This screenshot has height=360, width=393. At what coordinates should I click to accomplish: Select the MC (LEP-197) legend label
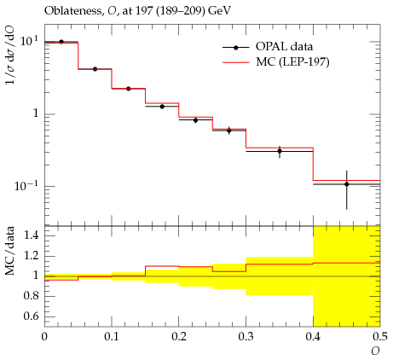pos(292,61)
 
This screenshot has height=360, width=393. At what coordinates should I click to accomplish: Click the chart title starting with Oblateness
pos(137,11)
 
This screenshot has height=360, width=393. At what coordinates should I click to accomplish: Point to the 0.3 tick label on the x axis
pos(246,337)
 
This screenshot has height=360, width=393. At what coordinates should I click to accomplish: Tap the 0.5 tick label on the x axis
pos(380,337)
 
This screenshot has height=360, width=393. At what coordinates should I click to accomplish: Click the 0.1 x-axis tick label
pos(112,337)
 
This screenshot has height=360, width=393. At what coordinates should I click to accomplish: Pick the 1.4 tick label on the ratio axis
pos(31,235)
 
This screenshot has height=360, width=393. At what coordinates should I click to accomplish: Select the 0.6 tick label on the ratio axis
pos(31,316)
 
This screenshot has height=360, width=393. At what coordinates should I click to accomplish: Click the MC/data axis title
pos(10,251)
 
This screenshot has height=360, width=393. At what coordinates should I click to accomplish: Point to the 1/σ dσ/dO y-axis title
pos(10,55)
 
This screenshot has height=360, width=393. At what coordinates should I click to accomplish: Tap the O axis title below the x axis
pos(375,351)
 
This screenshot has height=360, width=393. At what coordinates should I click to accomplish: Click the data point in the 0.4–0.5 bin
pos(347,184)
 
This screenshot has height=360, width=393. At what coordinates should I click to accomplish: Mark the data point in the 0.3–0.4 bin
pos(280,151)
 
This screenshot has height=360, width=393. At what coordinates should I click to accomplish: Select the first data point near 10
pos(61,42)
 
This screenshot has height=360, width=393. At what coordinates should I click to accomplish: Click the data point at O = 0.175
pos(162,107)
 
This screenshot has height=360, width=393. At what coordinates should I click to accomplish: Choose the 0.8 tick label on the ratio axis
pos(31,296)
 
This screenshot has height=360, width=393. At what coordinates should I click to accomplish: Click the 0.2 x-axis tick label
pos(178,337)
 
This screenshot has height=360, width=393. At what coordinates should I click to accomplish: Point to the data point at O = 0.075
pos(95,69)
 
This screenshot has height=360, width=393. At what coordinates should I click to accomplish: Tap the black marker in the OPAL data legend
pos(235,48)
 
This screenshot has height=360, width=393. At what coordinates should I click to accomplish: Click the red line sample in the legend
pos(236,62)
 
